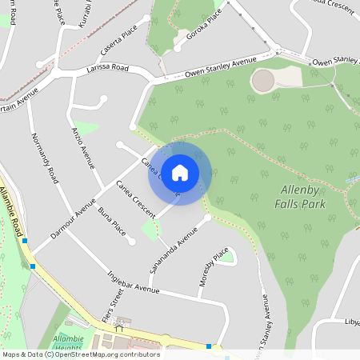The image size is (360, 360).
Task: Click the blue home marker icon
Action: coord(180,172)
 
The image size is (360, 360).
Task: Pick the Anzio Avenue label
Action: coord(83,146)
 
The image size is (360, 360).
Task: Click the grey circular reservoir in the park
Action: coord(262,80)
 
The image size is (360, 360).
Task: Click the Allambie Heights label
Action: coord(68,344)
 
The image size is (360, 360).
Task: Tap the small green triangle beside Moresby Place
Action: coord(227,257)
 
